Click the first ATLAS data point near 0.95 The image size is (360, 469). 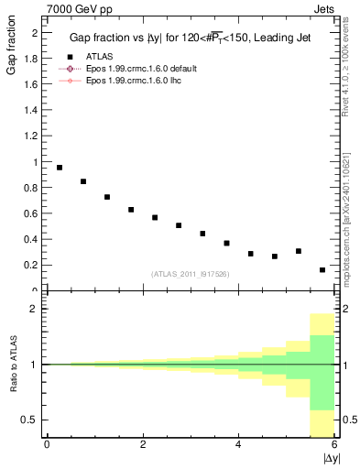pos(60,168)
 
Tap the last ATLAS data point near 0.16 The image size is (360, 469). pos(322,270)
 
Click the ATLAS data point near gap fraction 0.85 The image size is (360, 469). pos(83,181)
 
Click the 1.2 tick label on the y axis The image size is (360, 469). pos(32,136)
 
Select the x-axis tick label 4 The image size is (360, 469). pos(238,444)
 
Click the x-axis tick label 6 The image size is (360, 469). pos(334,444)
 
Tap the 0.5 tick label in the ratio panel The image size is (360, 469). pos(30,420)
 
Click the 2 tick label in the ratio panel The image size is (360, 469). pos(35,309)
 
